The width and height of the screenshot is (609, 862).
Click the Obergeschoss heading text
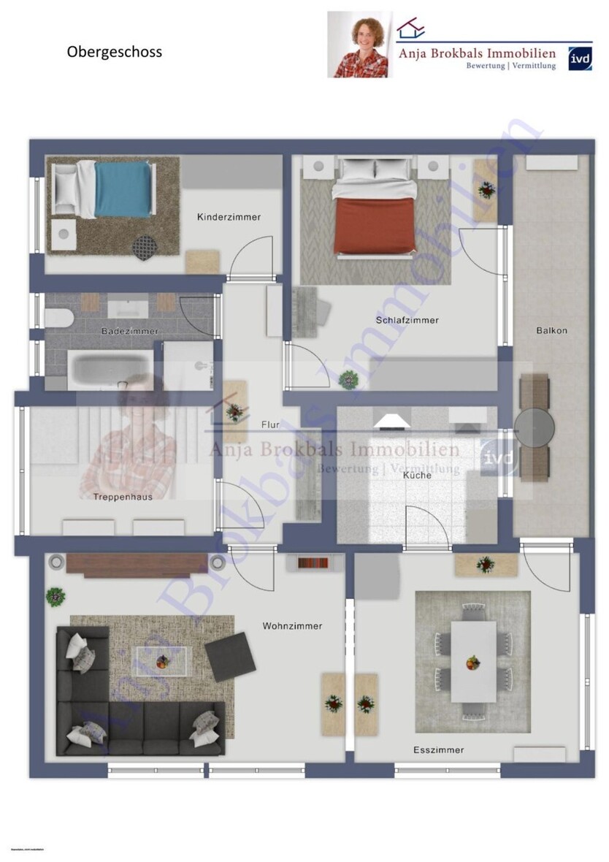click(x=115, y=52)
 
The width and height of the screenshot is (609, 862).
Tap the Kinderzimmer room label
click(x=229, y=217)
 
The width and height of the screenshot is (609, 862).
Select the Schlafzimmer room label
click(x=407, y=320)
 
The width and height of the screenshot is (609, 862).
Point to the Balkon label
click(x=551, y=330)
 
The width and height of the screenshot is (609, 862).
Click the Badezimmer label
click(x=129, y=331)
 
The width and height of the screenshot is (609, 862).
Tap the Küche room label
click(x=417, y=475)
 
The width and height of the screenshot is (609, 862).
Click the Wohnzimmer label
click(x=292, y=626)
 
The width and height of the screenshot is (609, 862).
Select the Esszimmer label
click(x=438, y=750)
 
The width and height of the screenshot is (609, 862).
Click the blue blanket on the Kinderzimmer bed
click(x=122, y=189)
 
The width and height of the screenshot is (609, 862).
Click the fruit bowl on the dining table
click(x=473, y=663)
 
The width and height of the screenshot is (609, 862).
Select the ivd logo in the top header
click(x=580, y=56)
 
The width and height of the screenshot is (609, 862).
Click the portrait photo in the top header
click(x=359, y=45)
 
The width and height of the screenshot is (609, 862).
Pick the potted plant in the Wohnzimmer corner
click(x=55, y=596)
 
